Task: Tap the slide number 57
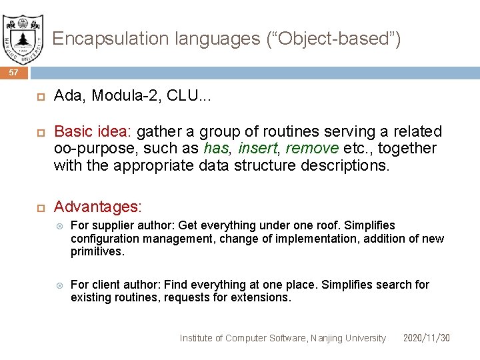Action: (x=14, y=72)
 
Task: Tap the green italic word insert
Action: (x=258, y=148)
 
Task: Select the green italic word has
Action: (x=217, y=148)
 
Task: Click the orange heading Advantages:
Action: (x=97, y=207)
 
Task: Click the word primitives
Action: (x=97, y=251)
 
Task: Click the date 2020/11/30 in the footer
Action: (x=427, y=338)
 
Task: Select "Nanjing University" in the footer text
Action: (x=348, y=338)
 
